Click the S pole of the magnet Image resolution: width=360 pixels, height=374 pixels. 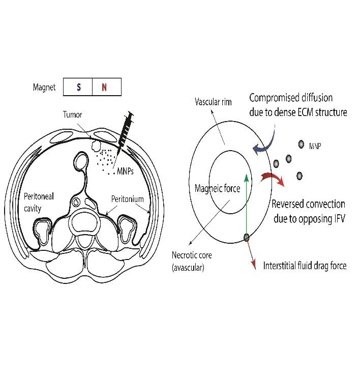[x=78, y=87]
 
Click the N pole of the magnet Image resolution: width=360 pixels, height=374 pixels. [x=104, y=87]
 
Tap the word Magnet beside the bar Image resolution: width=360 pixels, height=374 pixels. [x=44, y=87]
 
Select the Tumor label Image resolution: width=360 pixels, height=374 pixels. [x=72, y=114]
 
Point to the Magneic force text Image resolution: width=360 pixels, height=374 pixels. [x=218, y=189]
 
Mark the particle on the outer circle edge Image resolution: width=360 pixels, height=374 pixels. [x=247, y=237]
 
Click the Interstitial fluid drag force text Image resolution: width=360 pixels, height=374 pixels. [x=305, y=266]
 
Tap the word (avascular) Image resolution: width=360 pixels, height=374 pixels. [x=188, y=268]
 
